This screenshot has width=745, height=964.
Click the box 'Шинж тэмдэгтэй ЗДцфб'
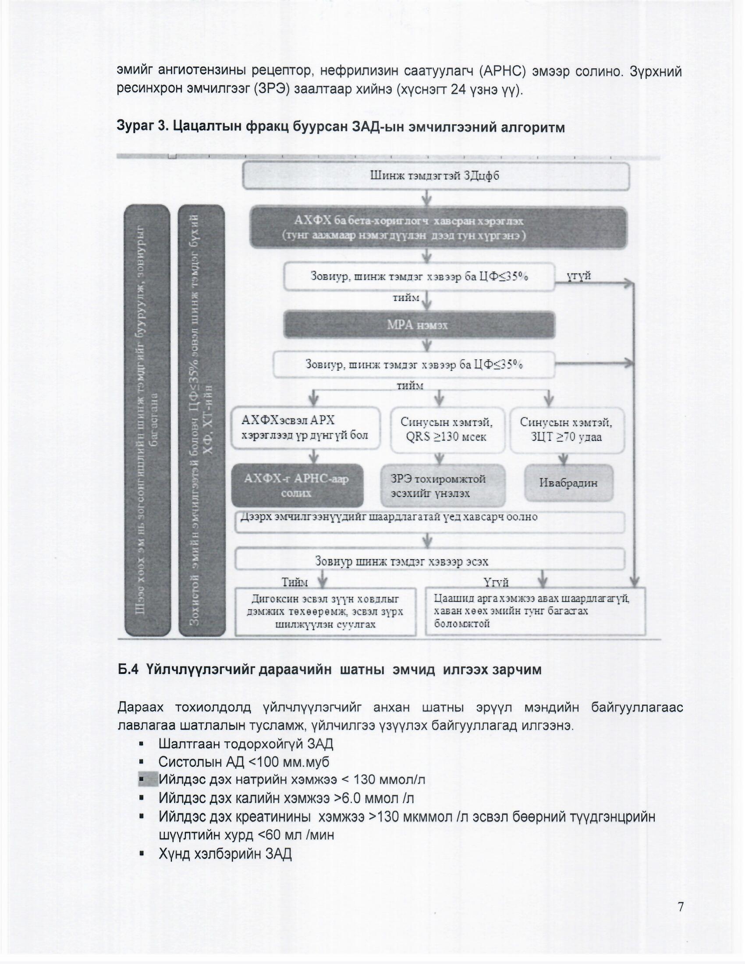coord(436,176)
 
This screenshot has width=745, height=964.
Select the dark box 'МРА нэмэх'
coord(419,325)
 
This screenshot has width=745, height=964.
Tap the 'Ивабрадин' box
coord(568,483)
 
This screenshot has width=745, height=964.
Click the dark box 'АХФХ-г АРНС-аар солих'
coord(297,486)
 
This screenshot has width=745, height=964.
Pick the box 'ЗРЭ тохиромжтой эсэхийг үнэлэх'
coord(443,486)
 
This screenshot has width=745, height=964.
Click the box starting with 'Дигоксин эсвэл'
coord(325,612)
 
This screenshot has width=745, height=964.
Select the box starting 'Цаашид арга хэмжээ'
coord(535,611)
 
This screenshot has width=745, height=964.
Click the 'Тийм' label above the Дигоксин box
coord(294,582)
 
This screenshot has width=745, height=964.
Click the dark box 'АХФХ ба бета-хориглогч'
coord(438,228)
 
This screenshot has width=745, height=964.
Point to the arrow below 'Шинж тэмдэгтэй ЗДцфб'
coord(427,198)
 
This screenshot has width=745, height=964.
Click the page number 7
coord(681,907)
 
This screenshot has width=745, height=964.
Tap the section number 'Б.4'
coord(128,670)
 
